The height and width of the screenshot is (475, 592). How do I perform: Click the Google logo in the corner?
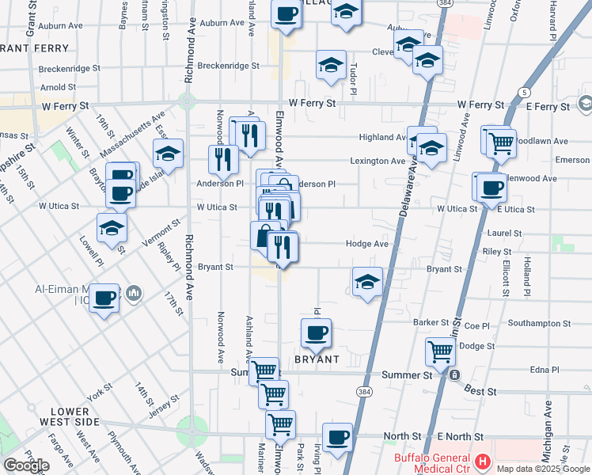pyautogui.click(x=26, y=465)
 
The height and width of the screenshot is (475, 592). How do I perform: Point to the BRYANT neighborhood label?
pyautogui.click(x=317, y=359)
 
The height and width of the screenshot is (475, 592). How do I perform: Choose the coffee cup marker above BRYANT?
pyautogui.click(x=316, y=333)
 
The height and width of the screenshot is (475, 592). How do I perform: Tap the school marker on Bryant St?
pyautogui.click(x=367, y=283)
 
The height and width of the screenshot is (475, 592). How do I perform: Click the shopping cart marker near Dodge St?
pyautogui.click(x=440, y=351)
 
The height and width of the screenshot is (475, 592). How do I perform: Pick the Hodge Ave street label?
pyautogui.click(x=367, y=245)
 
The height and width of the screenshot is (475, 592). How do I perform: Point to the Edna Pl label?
pyautogui.click(x=545, y=370)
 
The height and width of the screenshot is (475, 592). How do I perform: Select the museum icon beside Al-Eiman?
pyautogui.click(x=134, y=294)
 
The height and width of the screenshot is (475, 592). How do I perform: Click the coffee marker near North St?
pyautogui.click(x=337, y=438)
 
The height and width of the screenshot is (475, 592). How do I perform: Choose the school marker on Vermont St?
pyautogui.click(x=112, y=229)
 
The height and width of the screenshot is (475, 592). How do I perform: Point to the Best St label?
pyautogui.click(x=480, y=391)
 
